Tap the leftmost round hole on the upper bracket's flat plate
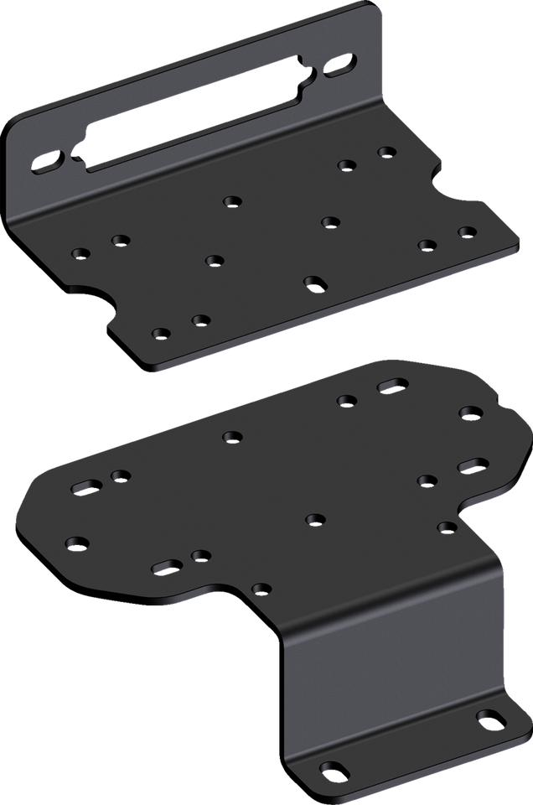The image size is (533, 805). click(x=81, y=252)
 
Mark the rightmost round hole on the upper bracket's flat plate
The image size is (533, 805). click(x=467, y=231)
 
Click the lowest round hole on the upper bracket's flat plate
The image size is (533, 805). click(x=161, y=333)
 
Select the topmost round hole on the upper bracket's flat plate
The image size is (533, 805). click(x=386, y=152)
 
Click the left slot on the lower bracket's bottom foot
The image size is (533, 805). click(x=333, y=770)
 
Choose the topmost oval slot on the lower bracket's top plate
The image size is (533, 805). click(x=393, y=385)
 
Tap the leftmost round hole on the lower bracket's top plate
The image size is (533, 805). click(x=77, y=543)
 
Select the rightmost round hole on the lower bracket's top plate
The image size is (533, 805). click(x=468, y=411)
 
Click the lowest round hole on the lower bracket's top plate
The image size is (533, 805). click(x=261, y=589)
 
